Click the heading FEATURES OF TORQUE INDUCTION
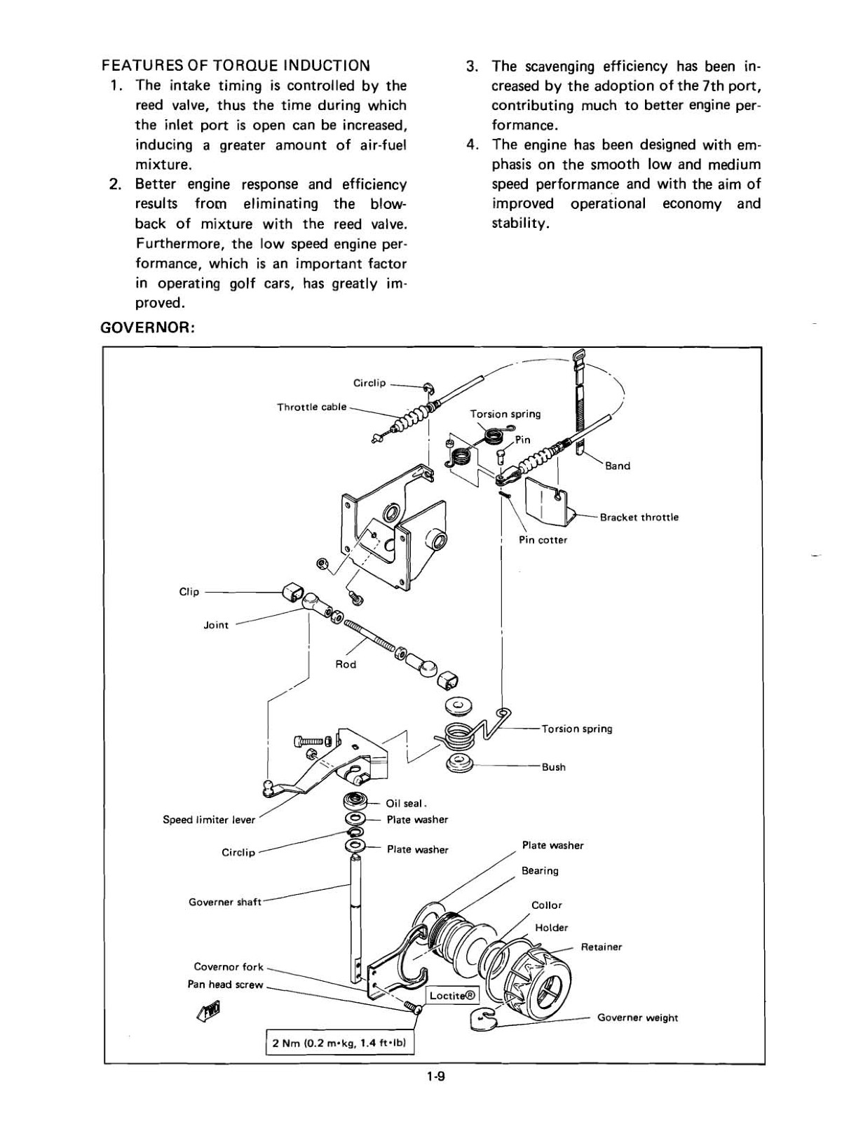236,66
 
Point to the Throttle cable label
311,407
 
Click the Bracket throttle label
639,518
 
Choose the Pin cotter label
543,540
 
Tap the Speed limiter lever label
209,820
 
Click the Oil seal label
406,804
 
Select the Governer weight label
637,1018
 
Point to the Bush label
553,767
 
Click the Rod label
346,664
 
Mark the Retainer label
601,947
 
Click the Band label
617,466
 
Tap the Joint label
216,625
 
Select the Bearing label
540,871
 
